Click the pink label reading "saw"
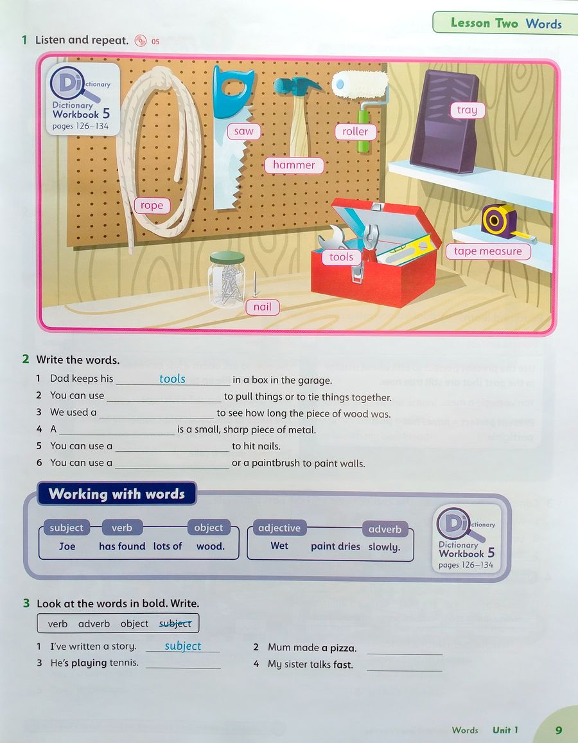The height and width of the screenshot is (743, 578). click(244, 131)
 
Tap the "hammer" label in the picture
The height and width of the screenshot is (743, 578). click(294, 165)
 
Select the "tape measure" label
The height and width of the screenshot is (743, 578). click(488, 251)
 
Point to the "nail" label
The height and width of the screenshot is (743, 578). click(263, 307)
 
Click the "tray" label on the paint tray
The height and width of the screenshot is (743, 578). click(468, 110)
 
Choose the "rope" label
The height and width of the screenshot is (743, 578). click(152, 206)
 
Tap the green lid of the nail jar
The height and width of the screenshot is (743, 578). click(227, 258)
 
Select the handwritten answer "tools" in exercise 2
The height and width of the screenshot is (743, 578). click(172, 379)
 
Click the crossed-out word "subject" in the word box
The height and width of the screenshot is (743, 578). click(175, 623)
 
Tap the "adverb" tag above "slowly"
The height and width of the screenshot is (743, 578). click(385, 530)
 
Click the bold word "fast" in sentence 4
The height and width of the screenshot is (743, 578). click(343, 665)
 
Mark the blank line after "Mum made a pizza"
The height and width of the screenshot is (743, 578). click(405, 654)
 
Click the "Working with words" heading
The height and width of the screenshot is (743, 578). click(116, 494)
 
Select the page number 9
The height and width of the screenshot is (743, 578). click(559, 730)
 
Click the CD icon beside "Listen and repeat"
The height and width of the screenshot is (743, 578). click(141, 40)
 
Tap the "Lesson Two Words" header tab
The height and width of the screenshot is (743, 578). click(505, 22)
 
